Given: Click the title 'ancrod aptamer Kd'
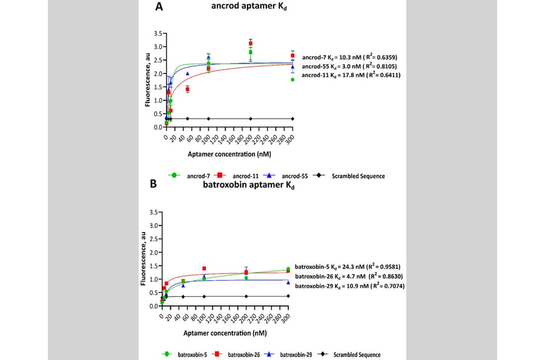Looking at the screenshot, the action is click(249, 7).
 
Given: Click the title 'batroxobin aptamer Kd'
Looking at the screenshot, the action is click(248, 185).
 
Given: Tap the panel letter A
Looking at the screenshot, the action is click(159, 7).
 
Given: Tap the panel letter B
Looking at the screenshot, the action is click(153, 184).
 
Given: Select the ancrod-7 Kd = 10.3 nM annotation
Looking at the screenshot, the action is click(349, 57).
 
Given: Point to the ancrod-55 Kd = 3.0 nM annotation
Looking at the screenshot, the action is click(349, 66).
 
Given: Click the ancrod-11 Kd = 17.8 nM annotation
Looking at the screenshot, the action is click(351, 75).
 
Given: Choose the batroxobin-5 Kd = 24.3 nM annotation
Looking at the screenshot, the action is click(348, 267).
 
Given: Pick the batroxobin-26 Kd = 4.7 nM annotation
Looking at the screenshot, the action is click(349, 276).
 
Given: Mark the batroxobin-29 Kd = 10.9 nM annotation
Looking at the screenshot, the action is click(349, 286).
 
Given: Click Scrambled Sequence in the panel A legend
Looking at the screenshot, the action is click(358, 176).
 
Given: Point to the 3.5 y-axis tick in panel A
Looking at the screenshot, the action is click(158, 33).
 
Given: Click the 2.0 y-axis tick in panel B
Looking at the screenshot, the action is click(154, 252).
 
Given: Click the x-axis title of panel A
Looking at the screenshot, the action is click(230, 154).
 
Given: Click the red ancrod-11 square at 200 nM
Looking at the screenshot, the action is click(250, 44).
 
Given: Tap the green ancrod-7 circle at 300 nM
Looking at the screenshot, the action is click(292, 79).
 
